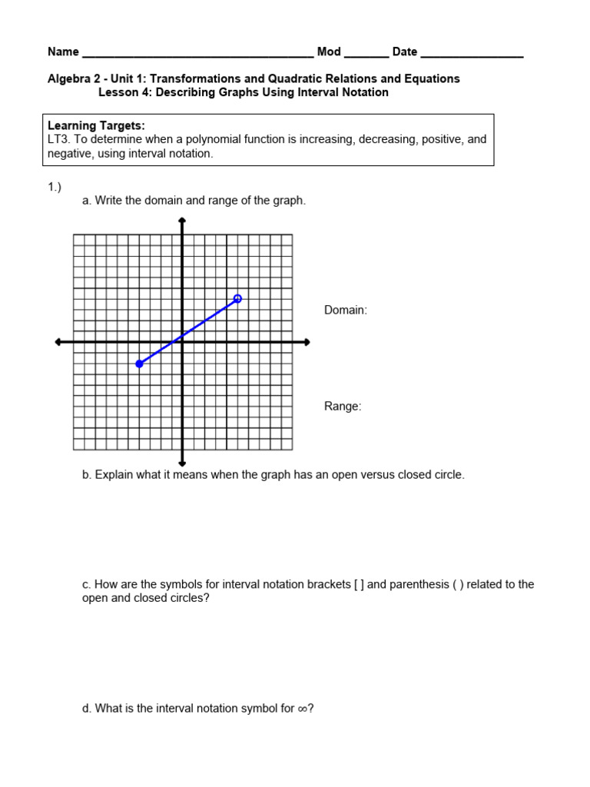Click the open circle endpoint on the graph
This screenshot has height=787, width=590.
pos(237,298)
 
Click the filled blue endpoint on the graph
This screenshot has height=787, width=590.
pos(139,364)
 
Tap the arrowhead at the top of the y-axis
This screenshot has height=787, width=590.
pos(182,221)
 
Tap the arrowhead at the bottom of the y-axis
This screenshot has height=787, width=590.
pos(182,463)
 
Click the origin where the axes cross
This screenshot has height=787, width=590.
pos(182,342)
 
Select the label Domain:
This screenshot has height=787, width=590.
pos(346,310)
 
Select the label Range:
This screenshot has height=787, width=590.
pos(343,407)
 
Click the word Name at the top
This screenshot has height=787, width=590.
pos(63,52)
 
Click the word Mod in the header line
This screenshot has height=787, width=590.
pos(329,52)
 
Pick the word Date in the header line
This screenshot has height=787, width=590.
pos(405,52)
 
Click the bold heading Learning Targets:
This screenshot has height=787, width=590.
pos(96,125)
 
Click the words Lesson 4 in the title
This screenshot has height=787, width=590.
pos(124,92)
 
